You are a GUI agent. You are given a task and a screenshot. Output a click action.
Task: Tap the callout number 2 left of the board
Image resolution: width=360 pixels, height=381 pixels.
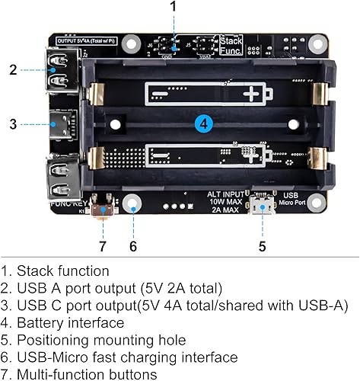pyautogui.click(x=13, y=70)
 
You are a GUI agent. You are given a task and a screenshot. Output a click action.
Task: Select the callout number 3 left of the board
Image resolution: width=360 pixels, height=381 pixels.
pyautogui.click(x=13, y=123)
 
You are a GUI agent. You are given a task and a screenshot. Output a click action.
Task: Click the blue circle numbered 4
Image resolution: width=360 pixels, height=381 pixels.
pyautogui.click(x=203, y=123)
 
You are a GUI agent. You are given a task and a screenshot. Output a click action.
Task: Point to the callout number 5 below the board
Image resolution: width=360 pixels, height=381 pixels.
pyautogui.click(x=262, y=246)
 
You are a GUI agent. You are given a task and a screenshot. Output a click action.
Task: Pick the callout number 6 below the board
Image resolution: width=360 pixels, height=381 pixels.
pyautogui.click(x=133, y=246)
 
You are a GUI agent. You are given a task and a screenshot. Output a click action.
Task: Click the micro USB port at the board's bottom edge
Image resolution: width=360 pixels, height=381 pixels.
pyautogui.click(x=263, y=207)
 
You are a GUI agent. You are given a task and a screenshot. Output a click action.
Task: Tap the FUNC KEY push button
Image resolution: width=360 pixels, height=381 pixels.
pyautogui.click(x=100, y=207)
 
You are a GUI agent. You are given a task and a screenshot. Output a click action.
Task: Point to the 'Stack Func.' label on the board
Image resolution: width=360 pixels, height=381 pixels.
pyautogui.click(x=231, y=44)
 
